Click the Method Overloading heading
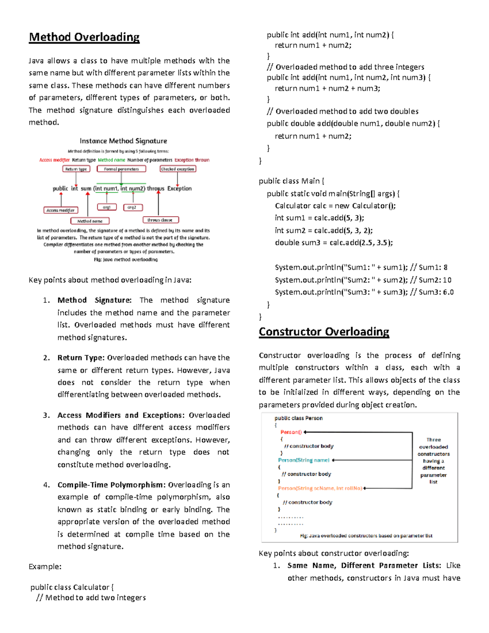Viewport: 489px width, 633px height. [84, 37]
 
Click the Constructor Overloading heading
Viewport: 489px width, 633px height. [324, 332]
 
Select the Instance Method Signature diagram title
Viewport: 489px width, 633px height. [123, 141]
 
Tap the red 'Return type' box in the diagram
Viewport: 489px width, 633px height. [76, 169]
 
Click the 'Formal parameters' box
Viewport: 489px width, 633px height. [121, 169]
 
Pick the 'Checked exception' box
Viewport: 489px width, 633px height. [178, 169]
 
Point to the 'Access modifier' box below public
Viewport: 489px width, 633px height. [60, 210]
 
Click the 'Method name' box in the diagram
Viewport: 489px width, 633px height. [90, 221]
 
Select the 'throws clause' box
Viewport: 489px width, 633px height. [160, 220]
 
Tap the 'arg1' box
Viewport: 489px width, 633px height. [107, 207]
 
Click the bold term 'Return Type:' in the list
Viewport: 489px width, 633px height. [81, 358]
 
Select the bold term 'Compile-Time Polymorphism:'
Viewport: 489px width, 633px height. [111, 485]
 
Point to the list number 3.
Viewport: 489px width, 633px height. [46, 415]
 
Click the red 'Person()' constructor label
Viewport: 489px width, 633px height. [291, 432]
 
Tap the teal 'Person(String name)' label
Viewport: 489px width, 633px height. [304, 460]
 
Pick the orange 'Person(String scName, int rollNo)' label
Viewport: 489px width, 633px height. [320, 488]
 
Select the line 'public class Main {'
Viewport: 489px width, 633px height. [291, 181]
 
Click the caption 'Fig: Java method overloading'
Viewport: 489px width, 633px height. [126, 260]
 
